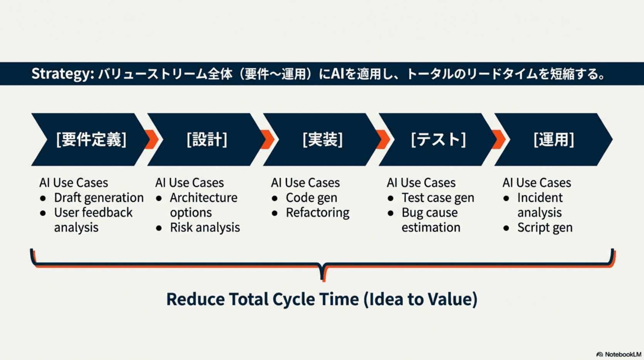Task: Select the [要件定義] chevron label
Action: [91, 140]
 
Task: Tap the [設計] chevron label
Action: [207, 140]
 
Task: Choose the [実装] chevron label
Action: [322, 140]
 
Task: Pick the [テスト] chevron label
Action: [438, 140]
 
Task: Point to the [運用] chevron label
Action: [553, 140]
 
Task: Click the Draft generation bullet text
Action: [99, 198]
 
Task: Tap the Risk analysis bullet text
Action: [205, 227]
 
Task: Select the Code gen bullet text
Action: [311, 198]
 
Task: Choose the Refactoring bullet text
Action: [317, 212]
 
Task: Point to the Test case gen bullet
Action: [438, 198]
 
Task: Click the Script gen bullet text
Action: [545, 227]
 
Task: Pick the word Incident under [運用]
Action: [540, 198]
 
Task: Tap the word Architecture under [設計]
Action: [203, 198]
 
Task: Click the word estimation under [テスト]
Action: [431, 227]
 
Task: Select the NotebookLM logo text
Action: [622, 354]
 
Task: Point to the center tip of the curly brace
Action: [323, 278]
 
